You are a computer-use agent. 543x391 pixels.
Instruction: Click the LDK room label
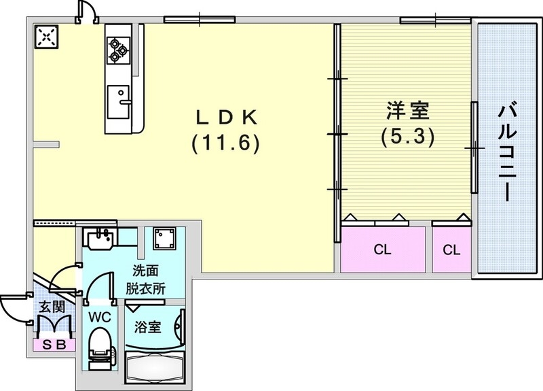click(226, 118)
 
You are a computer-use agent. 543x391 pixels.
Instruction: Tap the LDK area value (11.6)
click(226, 144)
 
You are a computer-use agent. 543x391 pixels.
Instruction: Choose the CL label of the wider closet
click(383, 250)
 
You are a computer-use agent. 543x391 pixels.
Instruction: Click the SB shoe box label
click(54, 345)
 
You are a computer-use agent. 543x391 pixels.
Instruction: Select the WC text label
click(100, 316)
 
